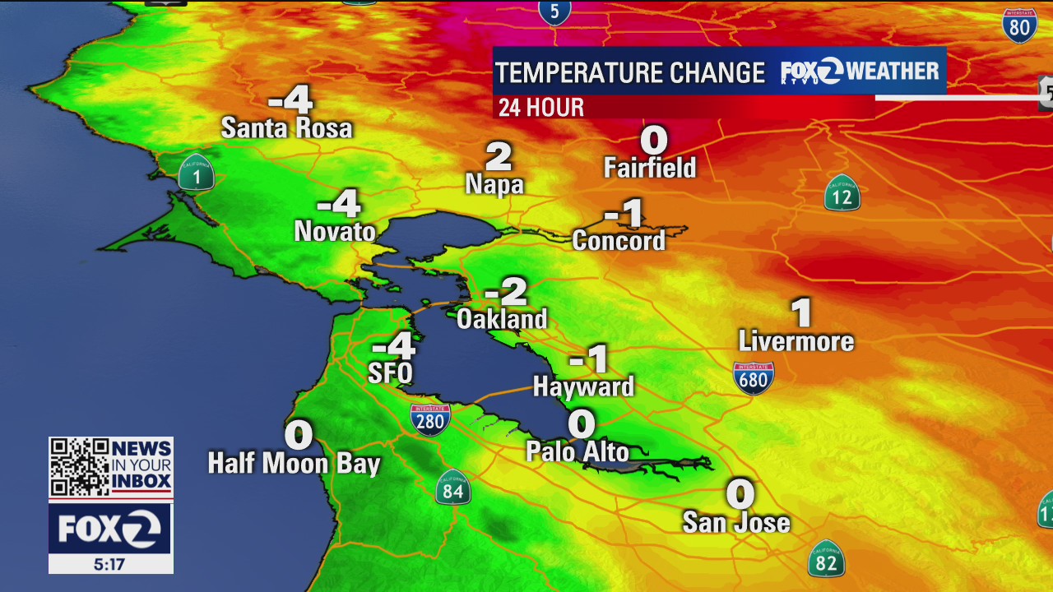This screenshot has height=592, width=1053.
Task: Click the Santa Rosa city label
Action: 286,128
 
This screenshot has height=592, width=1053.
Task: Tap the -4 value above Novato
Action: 339,203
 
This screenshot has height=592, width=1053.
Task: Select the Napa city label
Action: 494,184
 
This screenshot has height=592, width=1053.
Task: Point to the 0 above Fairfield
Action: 654,140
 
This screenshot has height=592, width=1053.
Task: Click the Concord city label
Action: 619,241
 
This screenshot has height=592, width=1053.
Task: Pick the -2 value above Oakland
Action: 506,291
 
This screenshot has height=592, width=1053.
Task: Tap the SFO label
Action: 390,373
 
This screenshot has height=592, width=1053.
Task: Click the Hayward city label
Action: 584,386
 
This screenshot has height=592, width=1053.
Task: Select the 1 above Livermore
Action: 801,313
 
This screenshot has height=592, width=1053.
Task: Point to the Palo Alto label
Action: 578,451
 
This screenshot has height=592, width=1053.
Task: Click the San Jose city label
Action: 736,523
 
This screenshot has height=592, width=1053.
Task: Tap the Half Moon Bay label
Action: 294,463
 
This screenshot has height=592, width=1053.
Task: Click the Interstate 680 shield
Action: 754,378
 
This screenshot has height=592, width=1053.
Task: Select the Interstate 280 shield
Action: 430,419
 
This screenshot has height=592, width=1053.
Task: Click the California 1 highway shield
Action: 197,173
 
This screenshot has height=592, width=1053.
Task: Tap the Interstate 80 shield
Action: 1019,26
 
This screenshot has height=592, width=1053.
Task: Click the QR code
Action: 78,467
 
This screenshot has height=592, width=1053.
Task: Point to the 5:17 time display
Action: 110,564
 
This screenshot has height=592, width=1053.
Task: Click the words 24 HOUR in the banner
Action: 541,108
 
